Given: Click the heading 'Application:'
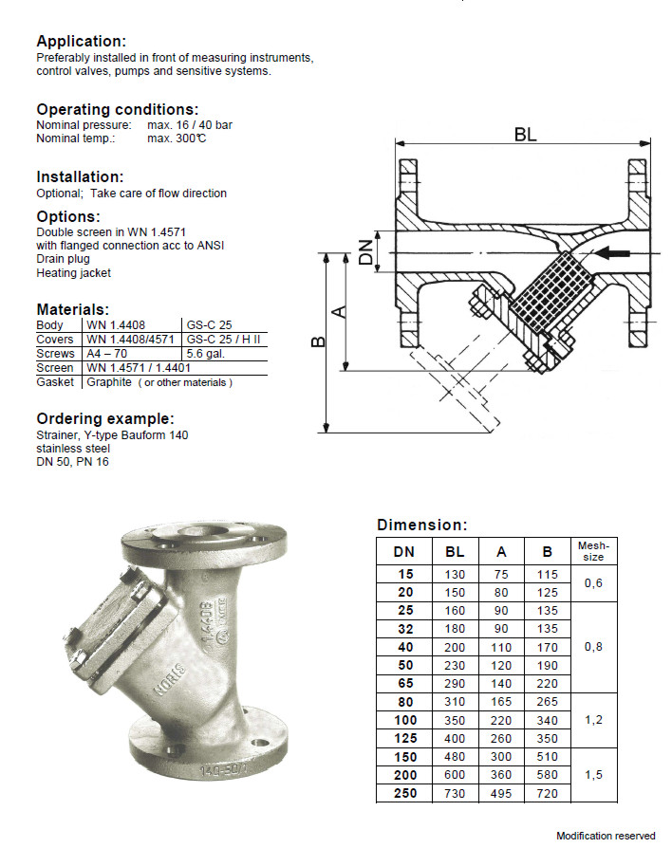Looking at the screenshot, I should point(81,42).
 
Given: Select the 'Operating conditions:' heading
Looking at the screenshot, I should point(117,109).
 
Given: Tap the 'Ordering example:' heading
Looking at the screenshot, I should point(104,419).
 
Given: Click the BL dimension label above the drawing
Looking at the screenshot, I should point(525,135).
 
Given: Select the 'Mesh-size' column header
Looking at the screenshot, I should point(592,551).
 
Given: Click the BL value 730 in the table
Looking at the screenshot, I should point(455,793).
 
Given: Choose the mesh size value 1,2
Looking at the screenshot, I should point(592,720).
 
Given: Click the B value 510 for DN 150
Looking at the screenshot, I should point(547,757).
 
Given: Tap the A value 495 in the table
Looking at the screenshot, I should point(500,793).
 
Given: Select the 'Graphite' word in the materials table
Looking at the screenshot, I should point(109,382).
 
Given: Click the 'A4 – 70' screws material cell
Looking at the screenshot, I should point(108,354).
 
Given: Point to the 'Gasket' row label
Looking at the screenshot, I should point(54,382).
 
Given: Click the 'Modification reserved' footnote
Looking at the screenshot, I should point(605,836).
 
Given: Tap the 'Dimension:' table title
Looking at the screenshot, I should point(421,525).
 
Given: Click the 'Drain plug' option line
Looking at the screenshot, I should point(64,259).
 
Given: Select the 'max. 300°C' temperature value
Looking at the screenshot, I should point(177,138).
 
